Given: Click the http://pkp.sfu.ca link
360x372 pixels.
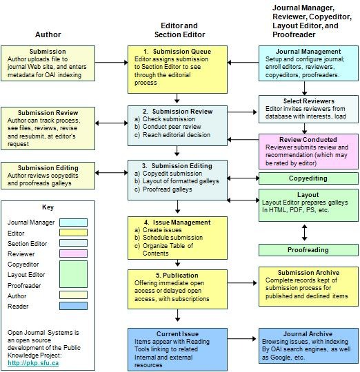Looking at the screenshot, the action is [x=33, y=363].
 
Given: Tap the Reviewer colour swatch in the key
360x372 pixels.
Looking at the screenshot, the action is [x=73, y=254].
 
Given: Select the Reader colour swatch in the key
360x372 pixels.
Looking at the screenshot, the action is [x=73, y=306].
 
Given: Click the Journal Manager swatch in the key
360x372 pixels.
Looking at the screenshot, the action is [x=73, y=223].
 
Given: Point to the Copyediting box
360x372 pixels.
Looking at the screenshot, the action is [x=308, y=178].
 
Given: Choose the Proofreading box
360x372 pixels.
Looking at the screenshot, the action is [x=308, y=250].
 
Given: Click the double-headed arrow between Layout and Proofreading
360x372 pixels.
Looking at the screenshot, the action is [x=304, y=233].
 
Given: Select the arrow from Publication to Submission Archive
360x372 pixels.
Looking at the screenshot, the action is [x=242, y=283].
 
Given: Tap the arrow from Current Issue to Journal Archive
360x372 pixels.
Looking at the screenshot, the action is [x=242, y=339].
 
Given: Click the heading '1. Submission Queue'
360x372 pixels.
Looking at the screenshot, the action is [x=177, y=52].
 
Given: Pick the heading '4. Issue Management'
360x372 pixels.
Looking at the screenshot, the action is [x=177, y=223].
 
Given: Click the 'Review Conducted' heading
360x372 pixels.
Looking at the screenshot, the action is [x=308, y=139].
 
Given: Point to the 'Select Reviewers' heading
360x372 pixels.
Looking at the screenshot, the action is [x=309, y=101].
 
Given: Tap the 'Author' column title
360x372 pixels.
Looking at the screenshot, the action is [x=48, y=34].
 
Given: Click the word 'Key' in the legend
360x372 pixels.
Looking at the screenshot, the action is [x=48, y=207].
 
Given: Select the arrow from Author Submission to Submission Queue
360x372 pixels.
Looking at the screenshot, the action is [x=112, y=63].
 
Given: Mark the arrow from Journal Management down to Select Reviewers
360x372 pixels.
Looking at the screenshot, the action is [x=304, y=88].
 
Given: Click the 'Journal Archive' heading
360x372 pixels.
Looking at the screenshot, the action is [x=308, y=334].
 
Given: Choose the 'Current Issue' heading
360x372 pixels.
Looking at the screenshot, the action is [x=177, y=334].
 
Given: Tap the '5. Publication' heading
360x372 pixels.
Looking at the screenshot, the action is [x=177, y=275].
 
